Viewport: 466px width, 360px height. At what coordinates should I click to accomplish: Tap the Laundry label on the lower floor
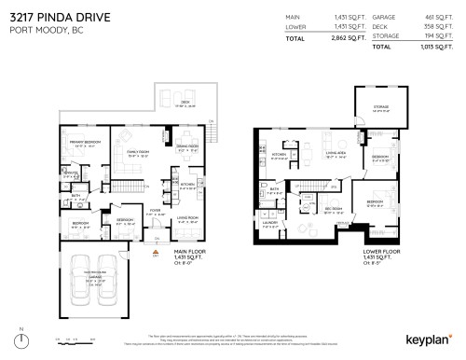(x=270, y=223)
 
